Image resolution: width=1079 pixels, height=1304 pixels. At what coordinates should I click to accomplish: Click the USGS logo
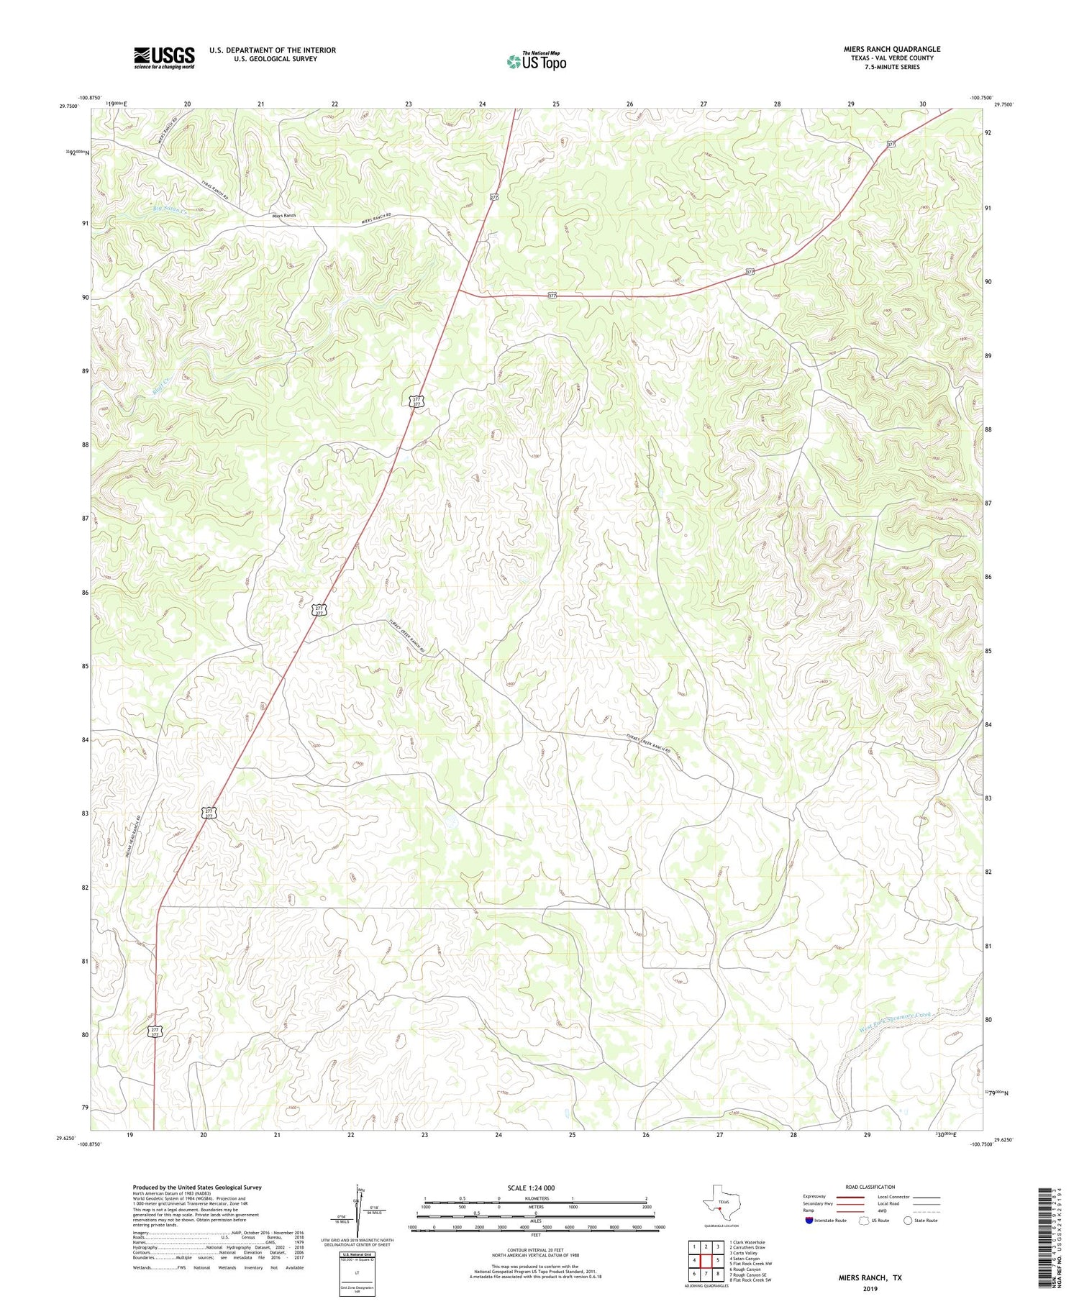click(164, 58)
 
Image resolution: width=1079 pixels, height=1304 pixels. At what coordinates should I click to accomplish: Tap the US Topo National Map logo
click(536, 61)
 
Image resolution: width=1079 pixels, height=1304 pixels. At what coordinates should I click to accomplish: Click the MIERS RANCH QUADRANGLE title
click(891, 49)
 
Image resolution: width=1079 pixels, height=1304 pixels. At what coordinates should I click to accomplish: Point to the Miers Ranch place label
click(283, 216)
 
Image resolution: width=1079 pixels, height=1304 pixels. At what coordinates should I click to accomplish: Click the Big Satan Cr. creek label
click(170, 209)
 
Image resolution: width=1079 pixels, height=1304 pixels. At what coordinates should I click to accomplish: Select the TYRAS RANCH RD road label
click(214, 189)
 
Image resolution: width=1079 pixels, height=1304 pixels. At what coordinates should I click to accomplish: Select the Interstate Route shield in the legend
click(810, 1221)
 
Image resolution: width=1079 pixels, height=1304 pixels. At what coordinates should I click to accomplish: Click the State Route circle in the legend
click(908, 1221)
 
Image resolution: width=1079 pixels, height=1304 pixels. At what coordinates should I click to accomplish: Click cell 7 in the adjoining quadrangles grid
click(706, 1274)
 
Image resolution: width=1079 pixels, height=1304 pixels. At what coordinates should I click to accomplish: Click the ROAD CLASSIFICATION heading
click(870, 1187)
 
